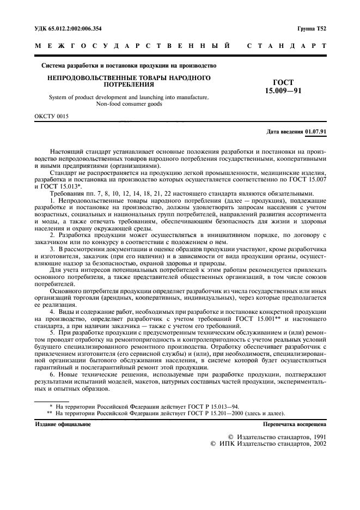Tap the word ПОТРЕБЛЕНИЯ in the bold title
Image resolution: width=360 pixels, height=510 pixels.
point(129,85)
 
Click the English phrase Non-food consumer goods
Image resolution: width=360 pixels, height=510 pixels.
point(129,104)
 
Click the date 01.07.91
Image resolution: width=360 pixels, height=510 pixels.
point(316,131)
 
